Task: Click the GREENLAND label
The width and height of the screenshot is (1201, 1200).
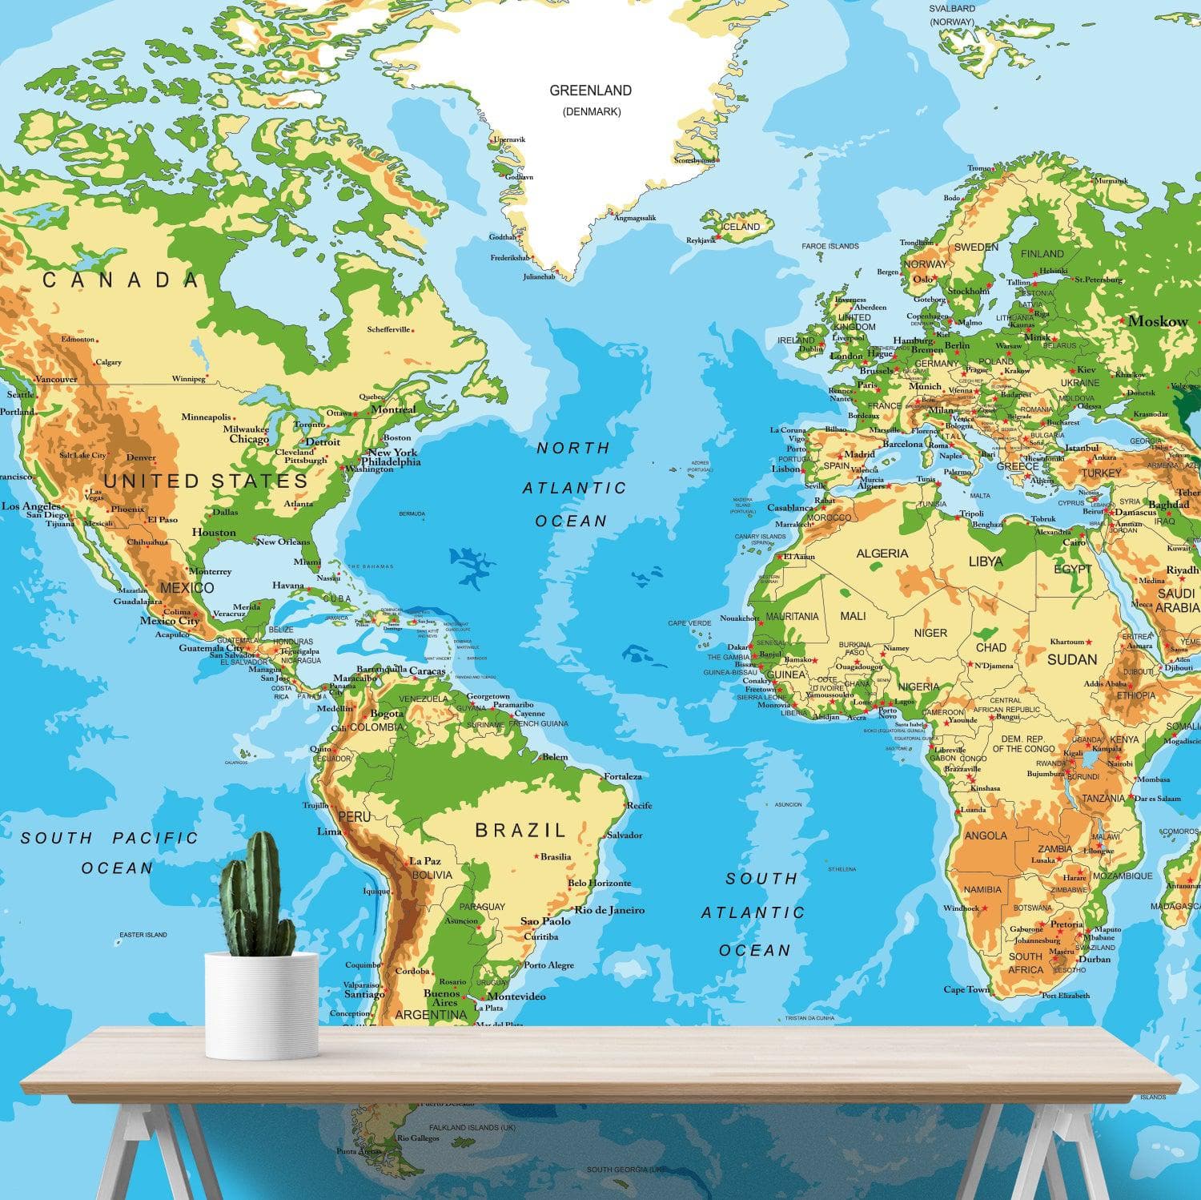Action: [x=590, y=91]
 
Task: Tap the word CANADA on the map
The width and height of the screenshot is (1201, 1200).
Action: [x=120, y=280]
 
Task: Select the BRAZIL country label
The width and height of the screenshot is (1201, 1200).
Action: [x=520, y=830]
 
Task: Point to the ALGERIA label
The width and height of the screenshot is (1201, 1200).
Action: [x=882, y=554]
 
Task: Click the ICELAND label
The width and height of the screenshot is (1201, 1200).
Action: [x=741, y=227]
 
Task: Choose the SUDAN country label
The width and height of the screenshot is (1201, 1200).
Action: [x=1072, y=659]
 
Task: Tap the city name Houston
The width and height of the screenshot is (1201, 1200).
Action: [x=214, y=533]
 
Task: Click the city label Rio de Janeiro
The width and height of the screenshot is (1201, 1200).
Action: [x=609, y=910]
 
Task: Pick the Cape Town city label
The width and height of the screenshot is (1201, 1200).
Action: [x=966, y=989]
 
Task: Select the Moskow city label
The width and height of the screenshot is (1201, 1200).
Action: [x=1158, y=321]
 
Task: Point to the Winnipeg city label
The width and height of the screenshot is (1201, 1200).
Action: [x=188, y=379]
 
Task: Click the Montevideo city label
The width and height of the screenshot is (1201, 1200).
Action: [x=516, y=997]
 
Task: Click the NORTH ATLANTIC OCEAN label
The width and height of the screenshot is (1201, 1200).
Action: [x=573, y=484]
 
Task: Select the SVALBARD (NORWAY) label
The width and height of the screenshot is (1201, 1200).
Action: [x=951, y=14]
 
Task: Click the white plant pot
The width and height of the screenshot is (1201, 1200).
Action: [x=262, y=1005]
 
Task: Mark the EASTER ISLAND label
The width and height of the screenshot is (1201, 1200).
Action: [x=143, y=935]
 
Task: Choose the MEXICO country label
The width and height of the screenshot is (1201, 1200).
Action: [x=187, y=588]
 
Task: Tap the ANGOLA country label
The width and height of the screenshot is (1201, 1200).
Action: [x=986, y=836]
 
